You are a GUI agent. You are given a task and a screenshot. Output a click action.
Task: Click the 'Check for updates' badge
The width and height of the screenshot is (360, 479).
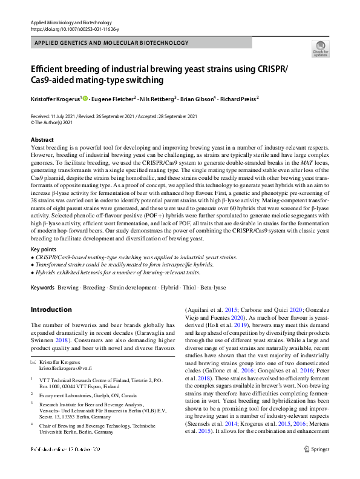pyautogui.click(x=319, y=48)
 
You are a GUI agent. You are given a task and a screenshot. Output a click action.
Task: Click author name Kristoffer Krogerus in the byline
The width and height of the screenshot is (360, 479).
pyautogui.click(x=54, y=99)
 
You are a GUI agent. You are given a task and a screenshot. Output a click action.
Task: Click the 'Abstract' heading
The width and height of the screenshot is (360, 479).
pyautogui.click(x=42, y=139)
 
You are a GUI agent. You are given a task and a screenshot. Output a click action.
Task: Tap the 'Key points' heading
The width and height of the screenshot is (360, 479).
pyautogui.click(x=44, y=249)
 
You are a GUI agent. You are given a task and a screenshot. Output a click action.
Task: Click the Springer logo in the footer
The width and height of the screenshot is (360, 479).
pyautogui.click(x=315, y=466)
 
